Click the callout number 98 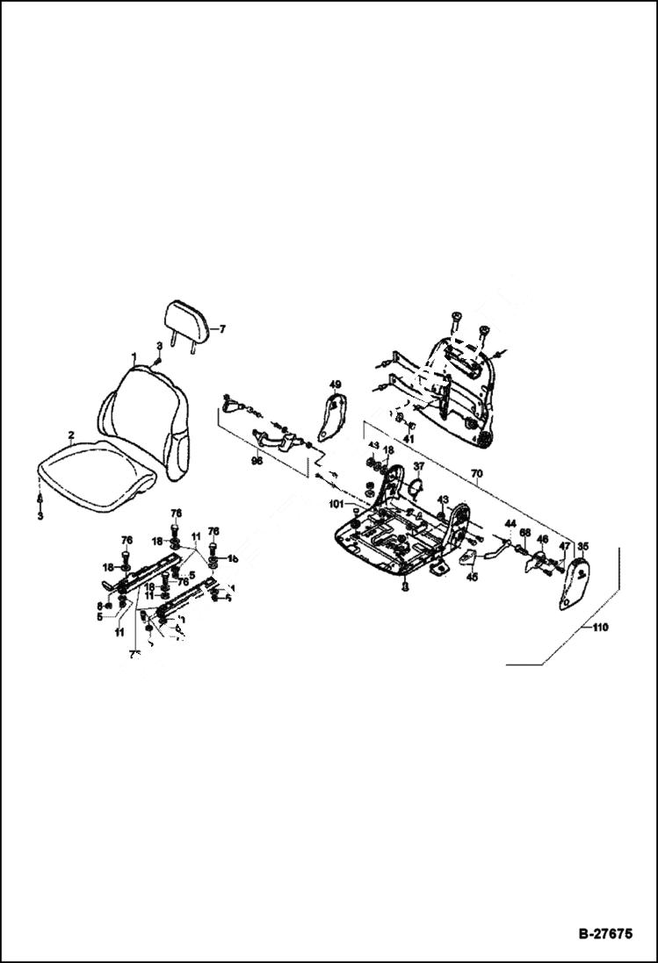257,461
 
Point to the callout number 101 337,504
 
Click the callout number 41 409,438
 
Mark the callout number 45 472,578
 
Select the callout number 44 510,524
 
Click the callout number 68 524,533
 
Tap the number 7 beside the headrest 222,330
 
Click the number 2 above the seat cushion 70,435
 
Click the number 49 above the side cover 335,384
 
